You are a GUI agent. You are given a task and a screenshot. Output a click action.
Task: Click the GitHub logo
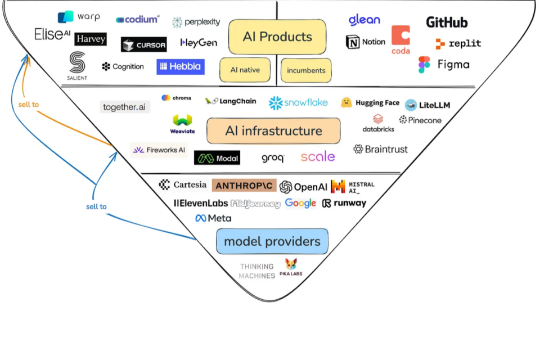coord(447,22)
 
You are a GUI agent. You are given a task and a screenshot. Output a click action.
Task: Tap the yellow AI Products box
coord(277,37)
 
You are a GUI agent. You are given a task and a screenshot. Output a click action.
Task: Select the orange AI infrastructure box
coord(273,131)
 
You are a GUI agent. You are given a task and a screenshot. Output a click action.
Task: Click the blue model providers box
coord(272,241)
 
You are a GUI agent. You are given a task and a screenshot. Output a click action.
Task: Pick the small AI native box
coord(245,70)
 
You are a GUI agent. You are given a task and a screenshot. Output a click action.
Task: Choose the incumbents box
coord(306,70)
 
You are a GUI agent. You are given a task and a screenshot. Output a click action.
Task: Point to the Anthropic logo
coord(244,185)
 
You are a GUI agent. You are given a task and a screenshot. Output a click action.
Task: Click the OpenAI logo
coord(303,187)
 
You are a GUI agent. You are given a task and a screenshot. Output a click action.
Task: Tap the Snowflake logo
coord(298,103)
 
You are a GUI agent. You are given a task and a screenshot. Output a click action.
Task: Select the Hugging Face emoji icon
coord(346,102)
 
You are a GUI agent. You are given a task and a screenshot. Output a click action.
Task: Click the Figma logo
coord(444,64)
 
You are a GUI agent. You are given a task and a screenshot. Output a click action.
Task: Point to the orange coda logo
coord(400,39)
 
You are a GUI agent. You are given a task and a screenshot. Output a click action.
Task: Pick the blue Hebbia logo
coord(180,66)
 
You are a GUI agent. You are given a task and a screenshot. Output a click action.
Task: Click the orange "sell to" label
coord(28,105)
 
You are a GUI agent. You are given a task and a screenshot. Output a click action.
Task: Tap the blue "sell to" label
coord(96,206)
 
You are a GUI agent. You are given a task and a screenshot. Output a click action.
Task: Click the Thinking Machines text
coord(257,271)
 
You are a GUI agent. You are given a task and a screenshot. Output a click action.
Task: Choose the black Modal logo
coord(217,158)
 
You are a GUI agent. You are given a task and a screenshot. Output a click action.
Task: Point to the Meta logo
coord(213,218)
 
